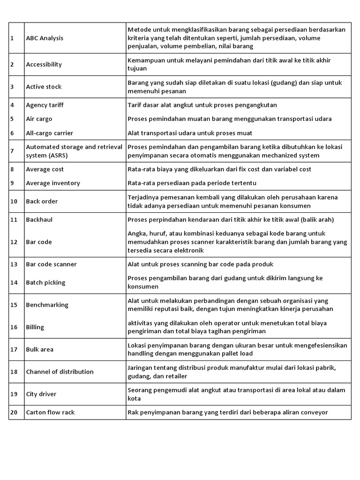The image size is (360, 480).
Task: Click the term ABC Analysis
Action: (45, 38)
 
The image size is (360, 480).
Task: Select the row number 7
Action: (12, 151)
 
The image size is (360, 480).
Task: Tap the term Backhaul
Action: (39, 219)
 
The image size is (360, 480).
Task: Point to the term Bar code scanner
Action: (51, 264)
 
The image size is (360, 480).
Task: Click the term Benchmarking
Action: (47, 305)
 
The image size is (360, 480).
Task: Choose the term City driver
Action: (42, 394)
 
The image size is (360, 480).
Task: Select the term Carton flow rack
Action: (50, 412)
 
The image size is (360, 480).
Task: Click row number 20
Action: (14, 412)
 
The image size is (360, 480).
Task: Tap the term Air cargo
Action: (39, 119)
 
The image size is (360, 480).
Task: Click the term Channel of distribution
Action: (60, 372)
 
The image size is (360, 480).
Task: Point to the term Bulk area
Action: (40, 349)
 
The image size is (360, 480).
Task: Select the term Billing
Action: (35, 327)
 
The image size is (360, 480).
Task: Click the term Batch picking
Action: (45, 282)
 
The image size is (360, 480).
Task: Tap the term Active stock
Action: (44, 87)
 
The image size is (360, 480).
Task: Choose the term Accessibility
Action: (44, 64)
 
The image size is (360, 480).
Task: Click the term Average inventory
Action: (53, 183)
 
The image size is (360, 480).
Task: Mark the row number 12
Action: (14, 242)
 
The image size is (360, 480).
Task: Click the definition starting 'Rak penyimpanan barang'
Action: (228, 412)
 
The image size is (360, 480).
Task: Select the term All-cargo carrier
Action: (49, 133)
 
